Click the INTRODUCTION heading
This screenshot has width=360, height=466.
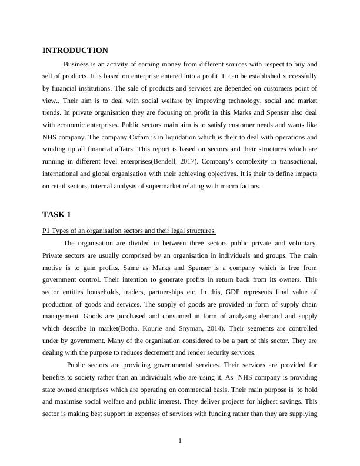(75, 51)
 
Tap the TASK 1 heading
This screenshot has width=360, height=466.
(56, 214)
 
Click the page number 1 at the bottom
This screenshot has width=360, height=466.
(180, 442)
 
